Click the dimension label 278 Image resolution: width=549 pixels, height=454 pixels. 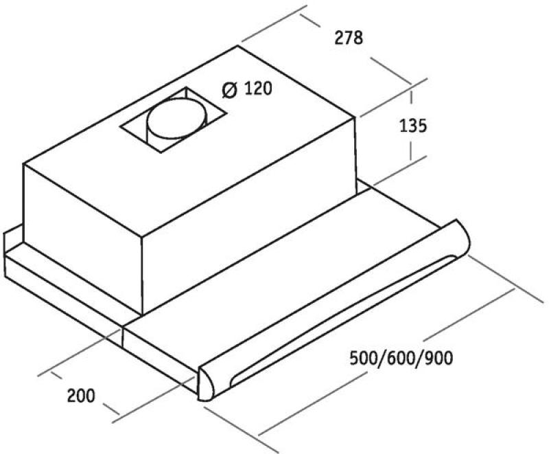pyautogui.click(x=349, y=38)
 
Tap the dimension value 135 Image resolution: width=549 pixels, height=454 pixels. pyautogui.click(x=413, y=126)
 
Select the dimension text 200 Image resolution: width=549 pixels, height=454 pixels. pyautogui.click(x=81, y=396)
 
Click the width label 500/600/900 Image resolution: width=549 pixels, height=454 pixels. pyautogui.click(x=401, y=358)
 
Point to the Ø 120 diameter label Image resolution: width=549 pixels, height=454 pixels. pyautogui.click(x=247, y=89)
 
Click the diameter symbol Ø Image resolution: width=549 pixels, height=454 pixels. pyautogui.click(x=230, y=90)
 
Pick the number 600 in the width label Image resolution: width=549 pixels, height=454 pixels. pyautogui.click(x=401, y=358)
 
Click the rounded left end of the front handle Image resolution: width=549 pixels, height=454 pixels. pyautogui.click(x=206, y=383)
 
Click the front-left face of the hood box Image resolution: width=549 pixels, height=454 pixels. pyautogui.click(x=83, y=239)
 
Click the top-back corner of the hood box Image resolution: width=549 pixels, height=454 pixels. pyautogui.click(x=238, y=46)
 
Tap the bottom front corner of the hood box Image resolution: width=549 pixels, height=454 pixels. pyautogui.click(x=143, y=314)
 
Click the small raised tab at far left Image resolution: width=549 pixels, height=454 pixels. pyautogui.click(x=12, y=238)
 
